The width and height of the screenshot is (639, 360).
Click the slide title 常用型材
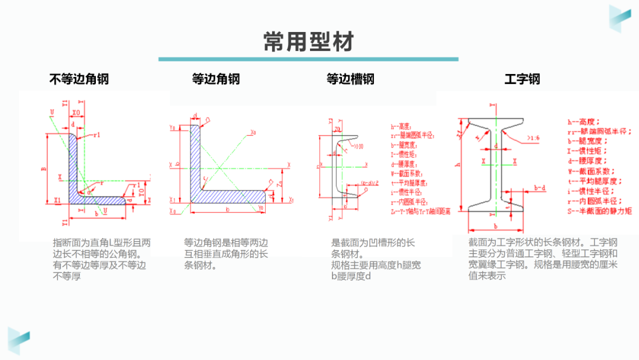click(309, 42)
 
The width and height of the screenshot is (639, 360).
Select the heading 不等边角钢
click(79, 79)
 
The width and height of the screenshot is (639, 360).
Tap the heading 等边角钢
click(216, 79)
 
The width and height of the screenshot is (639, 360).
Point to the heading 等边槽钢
click(350, 79)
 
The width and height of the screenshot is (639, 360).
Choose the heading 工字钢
click(522, 79)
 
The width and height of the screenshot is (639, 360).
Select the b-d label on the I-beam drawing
click(540, 188)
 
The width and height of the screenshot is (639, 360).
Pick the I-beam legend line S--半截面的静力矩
click(599, 211)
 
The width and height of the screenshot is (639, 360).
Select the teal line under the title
click(308, 59)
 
